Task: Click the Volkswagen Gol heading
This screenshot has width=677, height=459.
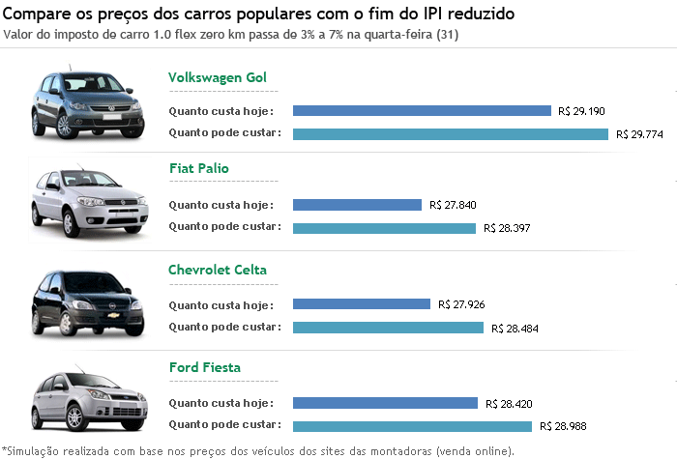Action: click(217, 77)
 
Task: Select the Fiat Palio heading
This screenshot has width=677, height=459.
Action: click(198, 168)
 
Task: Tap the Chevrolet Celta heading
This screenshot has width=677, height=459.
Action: click(217, 270)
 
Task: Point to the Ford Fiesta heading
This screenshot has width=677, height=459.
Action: click(204, 368)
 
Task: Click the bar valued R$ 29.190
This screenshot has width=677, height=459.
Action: click(422, 111)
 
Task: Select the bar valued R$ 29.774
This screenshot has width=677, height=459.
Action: click(450, 134)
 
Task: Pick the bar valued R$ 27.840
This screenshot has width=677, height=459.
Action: click(357, 205)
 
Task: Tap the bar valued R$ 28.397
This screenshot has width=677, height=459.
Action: click(384, 228)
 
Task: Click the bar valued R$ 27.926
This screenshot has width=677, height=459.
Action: click(361, 304)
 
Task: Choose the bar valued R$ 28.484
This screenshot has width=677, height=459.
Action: click(388, 328)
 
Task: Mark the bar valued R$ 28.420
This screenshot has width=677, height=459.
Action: click(385, 403)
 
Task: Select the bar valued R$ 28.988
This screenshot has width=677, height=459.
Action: click(412, 426)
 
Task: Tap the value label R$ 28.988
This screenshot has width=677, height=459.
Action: click(563, 426)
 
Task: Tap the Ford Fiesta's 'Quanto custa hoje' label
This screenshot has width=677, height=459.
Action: click(221, 402)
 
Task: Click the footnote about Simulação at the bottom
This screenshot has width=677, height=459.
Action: click(258, 450)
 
